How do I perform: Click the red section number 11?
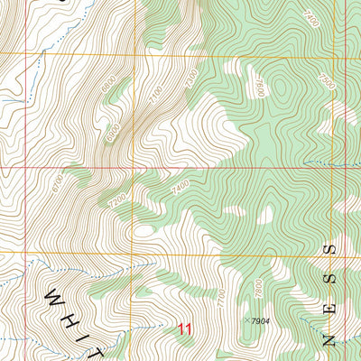pyautogui.click(x=185, y=329)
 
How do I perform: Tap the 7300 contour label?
pyautogui.click(x=190, y=79)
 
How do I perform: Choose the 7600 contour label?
pyautogui.click(x=259, y=88)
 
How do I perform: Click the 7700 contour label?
pyautogui.click(x=222, y=299)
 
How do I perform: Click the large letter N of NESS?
pyautogui.click(x=330, y=340)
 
